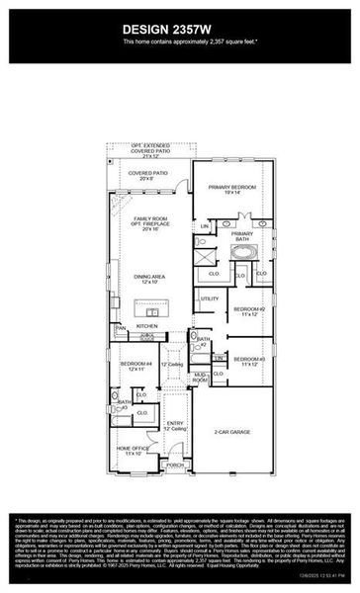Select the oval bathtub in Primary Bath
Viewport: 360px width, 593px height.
[241, 251]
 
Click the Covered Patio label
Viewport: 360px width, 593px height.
[148, 174]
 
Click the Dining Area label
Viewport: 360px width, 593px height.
[148, 280]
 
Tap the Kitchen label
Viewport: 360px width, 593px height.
[147, 325]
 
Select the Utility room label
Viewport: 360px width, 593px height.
[209, 297]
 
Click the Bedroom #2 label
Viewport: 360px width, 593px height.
[247, 311]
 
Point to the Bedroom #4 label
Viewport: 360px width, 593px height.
[135, 366]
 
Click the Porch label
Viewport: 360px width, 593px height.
[176, 464]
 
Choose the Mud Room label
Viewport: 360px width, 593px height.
[201, 377]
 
